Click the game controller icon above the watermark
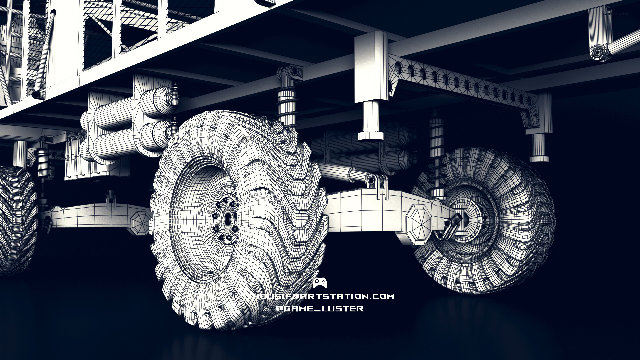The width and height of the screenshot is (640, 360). point(320,283)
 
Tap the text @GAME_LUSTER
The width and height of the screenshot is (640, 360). point(320,308)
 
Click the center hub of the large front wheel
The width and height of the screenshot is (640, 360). point(228,219)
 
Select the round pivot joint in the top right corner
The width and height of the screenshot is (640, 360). point(598,53)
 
